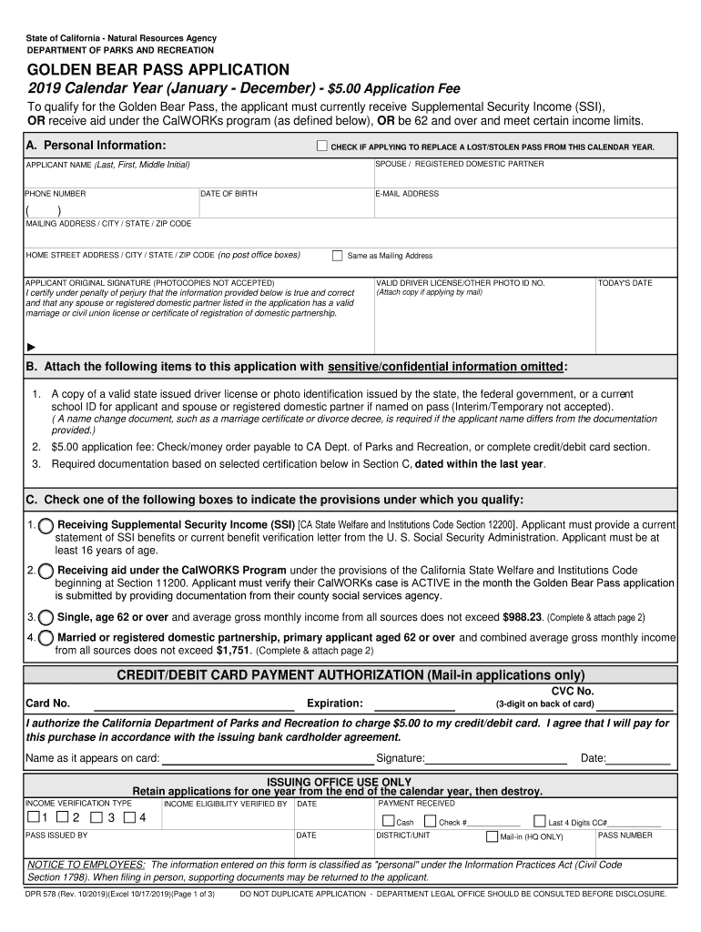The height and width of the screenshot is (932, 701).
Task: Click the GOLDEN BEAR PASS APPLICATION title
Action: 157,70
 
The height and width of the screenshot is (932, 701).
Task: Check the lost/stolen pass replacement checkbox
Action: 321,146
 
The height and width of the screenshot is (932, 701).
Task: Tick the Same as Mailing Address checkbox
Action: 337,256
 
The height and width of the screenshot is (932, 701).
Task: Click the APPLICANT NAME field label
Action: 107,165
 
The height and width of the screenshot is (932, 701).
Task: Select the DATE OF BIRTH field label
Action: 229,194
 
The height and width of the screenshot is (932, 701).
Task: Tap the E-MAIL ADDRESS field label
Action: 407,194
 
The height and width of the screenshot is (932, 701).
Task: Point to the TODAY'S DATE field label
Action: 625,283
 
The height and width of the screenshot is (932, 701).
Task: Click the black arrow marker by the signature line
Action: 32,347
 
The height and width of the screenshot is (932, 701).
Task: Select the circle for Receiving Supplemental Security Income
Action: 46,526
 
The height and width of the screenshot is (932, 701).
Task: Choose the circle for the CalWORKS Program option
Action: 46,571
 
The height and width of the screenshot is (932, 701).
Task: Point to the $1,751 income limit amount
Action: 233,651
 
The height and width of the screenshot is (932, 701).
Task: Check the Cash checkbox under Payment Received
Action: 388,821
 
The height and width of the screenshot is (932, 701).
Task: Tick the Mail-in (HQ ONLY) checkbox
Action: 492,836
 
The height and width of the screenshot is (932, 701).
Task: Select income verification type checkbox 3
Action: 98,817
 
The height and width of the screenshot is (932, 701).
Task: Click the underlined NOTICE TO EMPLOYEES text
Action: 86,864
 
